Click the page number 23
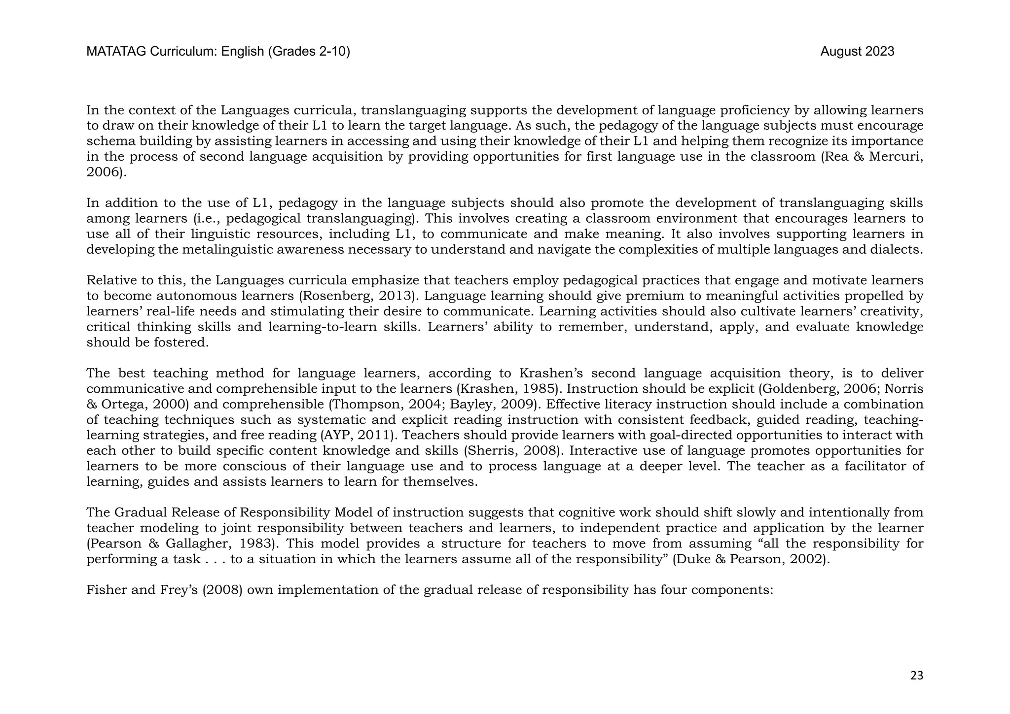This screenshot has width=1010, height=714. [916, 676]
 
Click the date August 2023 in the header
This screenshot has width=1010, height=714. [857, 52]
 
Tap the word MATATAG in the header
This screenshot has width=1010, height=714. [116, 52]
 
